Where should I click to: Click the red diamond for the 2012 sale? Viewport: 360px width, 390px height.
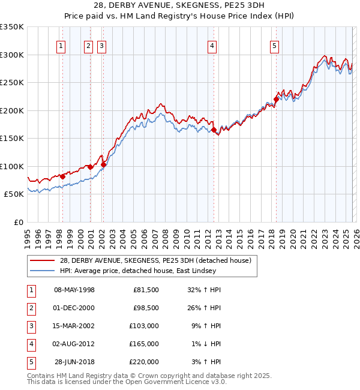[214, 130]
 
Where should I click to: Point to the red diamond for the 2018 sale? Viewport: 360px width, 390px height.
[277, 100]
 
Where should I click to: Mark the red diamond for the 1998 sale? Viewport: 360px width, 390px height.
[62, 176]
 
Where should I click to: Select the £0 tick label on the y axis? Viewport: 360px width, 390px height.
[18, 223]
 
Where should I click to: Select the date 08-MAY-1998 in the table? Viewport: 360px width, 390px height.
[74, 290]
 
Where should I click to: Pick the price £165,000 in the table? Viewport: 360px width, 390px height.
[145, 344]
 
